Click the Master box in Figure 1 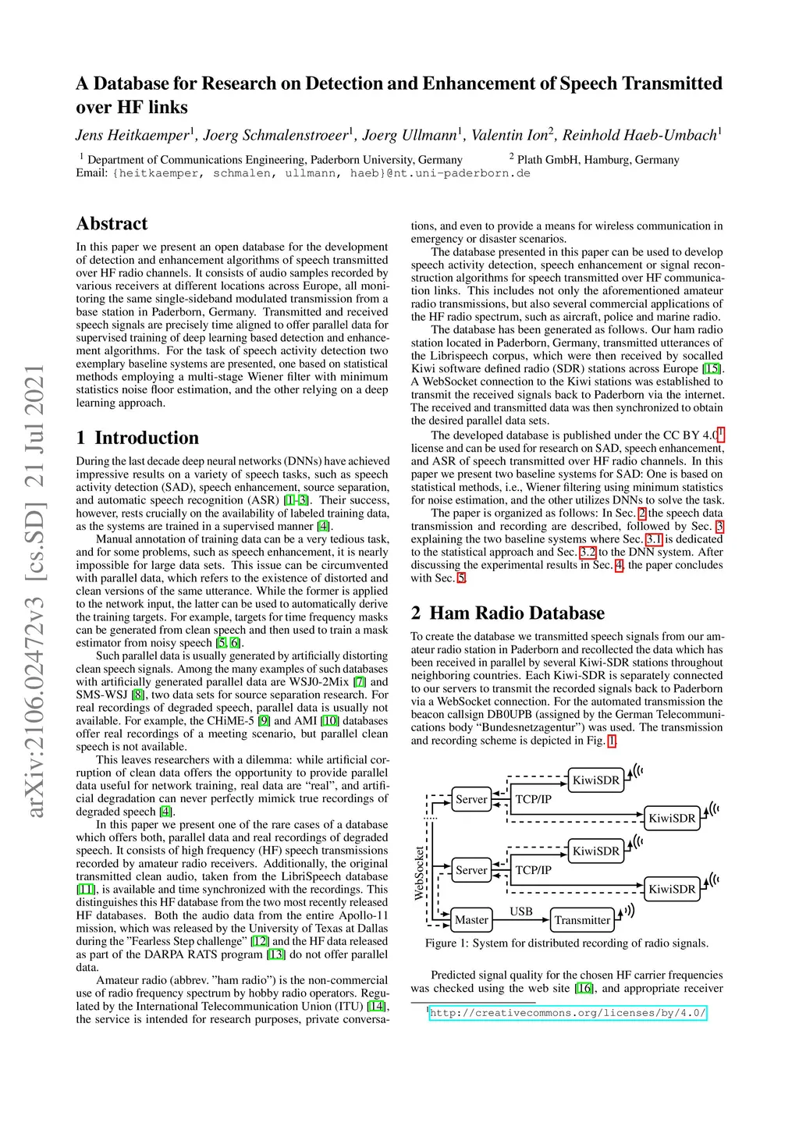point(471,920)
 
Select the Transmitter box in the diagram point(582,920)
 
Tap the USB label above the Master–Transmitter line point(521,911)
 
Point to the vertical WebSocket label point(419,873)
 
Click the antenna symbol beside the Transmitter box point(627,911)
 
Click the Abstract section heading point(112,224)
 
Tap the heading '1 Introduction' point(137,438)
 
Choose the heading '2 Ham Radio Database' point(508,613)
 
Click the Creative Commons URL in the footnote point(568,1013)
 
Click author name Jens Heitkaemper point(133,135)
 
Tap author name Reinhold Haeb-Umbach point(639,135)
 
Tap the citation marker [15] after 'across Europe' point(712,369)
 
